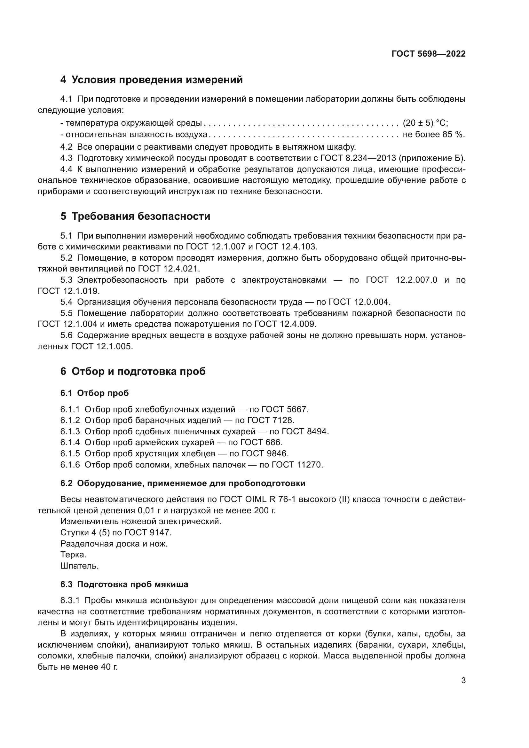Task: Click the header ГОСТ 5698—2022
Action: (428, 54)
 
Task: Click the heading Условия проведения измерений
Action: (157, 80)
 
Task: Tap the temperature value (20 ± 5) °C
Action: (425, 123)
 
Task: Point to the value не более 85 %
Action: (434, 135)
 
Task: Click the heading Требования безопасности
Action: (141, 216)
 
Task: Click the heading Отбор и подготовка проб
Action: (138, 371)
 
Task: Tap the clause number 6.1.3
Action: (70, 431)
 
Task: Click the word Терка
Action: (73, 555)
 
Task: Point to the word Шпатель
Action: (80, 566)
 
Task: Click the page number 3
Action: (463, 681)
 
